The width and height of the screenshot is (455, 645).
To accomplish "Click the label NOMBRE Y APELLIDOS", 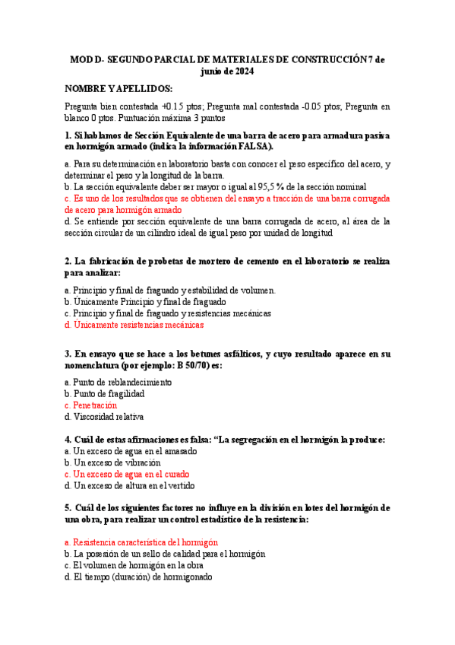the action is pyautogui.click(x=118, y=88).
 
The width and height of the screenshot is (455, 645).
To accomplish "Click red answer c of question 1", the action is pyautogui.click(x=227, y=198).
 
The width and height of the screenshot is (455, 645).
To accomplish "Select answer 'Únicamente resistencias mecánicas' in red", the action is pyautogui.click(x=134, y=325).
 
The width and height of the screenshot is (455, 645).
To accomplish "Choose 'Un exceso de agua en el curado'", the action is pyautogui.click(x=130, y=474).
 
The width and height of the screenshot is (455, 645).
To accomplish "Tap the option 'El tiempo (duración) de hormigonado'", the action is pyautogui.click(x=139, y=577).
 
